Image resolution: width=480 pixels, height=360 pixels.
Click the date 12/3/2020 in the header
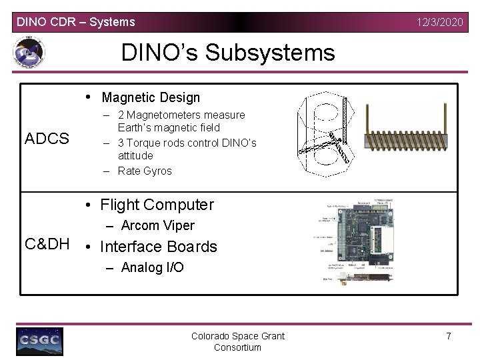click(439, 22)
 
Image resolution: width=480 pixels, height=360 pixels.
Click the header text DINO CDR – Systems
click(75, 22)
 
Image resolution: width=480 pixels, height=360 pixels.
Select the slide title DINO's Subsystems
click(228, 52)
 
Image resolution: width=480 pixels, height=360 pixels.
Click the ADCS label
click(47, 139)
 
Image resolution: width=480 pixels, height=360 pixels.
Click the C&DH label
click(47, 244)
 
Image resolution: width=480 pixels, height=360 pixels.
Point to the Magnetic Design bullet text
click(151, 97)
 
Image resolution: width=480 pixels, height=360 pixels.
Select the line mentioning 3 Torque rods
click(187, 143)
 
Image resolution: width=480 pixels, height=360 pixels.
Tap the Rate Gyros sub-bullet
click(145, 171)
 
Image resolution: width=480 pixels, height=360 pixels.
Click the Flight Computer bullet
click(157, 205)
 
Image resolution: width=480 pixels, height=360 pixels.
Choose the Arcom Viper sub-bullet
click(157, 225)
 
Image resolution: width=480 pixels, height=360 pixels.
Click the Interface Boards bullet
click(158, 247)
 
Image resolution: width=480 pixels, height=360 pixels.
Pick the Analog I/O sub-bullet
click(152, 267)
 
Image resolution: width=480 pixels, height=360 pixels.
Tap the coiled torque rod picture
click(410, 133)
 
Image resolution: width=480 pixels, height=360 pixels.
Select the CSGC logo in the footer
click(40, 341)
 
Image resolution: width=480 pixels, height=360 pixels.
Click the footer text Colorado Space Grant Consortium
click(237, 341)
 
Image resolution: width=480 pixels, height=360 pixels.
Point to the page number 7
click(448, 336)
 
